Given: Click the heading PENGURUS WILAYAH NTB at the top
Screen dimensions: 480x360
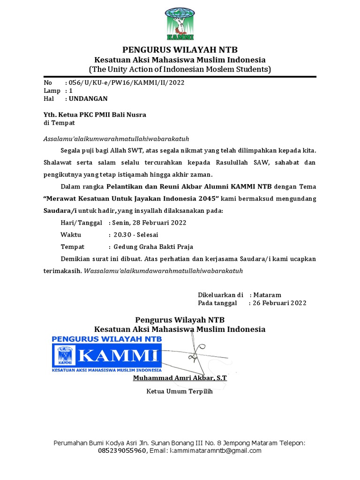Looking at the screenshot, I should point(180,50).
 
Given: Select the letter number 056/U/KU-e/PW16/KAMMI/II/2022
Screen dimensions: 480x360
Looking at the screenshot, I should point(127,83).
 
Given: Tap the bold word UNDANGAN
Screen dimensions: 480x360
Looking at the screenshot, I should point(88,98).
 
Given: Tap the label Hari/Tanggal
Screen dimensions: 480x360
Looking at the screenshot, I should point(81,223).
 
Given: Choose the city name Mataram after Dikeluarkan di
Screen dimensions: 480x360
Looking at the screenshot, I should point(267,295).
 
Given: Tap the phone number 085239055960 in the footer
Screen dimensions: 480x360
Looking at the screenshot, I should point(122,451).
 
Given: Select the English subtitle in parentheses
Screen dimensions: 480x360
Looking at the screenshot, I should point(180,69).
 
